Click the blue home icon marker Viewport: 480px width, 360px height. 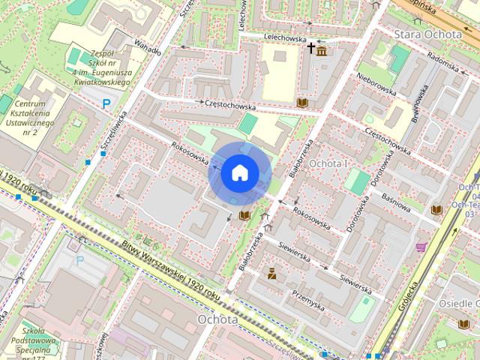point(238,173)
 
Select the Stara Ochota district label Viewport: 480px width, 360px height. point(427,34)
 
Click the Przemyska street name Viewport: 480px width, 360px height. point(307,300)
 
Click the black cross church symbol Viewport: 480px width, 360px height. point(310,49)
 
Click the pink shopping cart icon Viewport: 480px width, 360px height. point(421,247)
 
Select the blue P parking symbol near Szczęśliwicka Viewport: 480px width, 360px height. point(107,104)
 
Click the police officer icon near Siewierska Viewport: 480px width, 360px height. point(272,274)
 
